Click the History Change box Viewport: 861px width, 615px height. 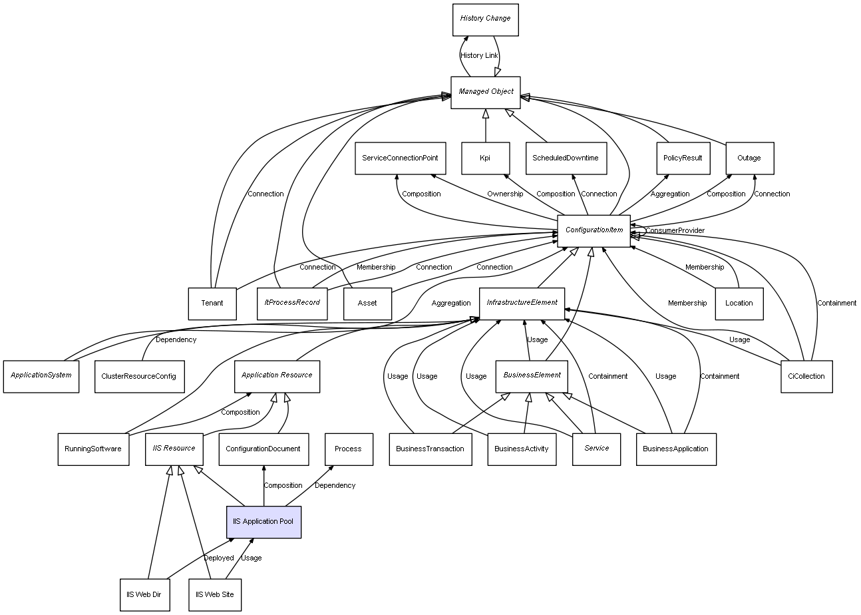tap(484, 19)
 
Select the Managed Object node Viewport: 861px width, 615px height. tap(486, 92)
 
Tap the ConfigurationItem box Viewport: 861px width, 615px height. tap(594, 230)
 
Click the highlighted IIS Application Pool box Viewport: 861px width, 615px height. tap(263, 521)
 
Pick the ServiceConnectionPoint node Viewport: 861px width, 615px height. tap(400, 158)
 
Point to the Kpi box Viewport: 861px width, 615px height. tap(485, 158)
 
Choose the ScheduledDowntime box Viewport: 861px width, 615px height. tap(566, 158)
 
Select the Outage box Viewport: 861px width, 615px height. tap(749, 158)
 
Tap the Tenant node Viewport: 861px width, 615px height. tap(212, 303)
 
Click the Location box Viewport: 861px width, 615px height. tap(739, 303)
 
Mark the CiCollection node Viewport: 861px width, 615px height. tap(806, 376)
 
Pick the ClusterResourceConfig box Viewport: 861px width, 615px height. tap(138, 376)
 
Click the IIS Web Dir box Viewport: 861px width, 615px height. tap(144, 594)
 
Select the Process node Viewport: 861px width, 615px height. tap(348, 449)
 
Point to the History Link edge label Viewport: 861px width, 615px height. tap(479, 55)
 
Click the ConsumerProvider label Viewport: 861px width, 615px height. tap(675, 230)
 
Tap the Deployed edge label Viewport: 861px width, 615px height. tap(219, 558)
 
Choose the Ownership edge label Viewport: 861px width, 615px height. tap(505, 194)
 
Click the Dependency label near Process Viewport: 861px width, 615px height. tap(335, 485)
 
